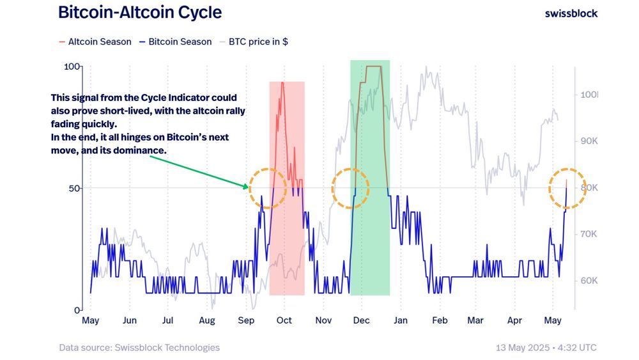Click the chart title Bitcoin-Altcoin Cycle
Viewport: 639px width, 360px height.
click(x=140, y=12)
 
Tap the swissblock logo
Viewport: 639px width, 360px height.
click(x=571, y=13)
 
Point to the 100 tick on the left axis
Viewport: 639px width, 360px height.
click(x=71, y=67)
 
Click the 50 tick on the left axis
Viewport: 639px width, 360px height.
click(x=73, y=188)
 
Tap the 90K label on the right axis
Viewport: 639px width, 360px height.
click(x=588, y=141)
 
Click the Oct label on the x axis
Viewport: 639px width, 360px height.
click(x=284, y=320)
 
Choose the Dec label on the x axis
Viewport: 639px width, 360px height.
click(x=361, y=320)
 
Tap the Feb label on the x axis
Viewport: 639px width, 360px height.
click(x=439, y=320)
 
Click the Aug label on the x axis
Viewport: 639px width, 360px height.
click(x=206, y=320)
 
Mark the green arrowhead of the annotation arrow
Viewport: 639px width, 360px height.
click(x=246, y=187)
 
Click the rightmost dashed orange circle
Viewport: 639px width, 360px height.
click(x=567, y=188)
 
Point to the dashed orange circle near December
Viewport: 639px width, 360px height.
click(x=350, y=188)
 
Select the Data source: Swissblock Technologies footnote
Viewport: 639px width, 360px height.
click(x=139, y=348)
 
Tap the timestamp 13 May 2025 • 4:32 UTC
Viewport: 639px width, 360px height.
click(x=546, y=348)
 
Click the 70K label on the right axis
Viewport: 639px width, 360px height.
click(x=588, y=235)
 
